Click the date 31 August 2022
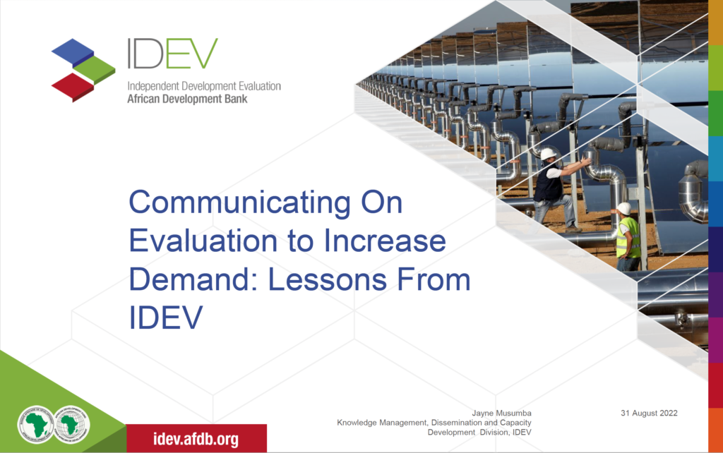649,413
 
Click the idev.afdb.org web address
196,439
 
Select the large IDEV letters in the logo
172,54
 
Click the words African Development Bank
186,99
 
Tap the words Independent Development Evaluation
203,86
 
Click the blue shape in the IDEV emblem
73,52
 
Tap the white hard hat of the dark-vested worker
548,153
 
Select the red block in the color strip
715,385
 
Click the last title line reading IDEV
165,318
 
